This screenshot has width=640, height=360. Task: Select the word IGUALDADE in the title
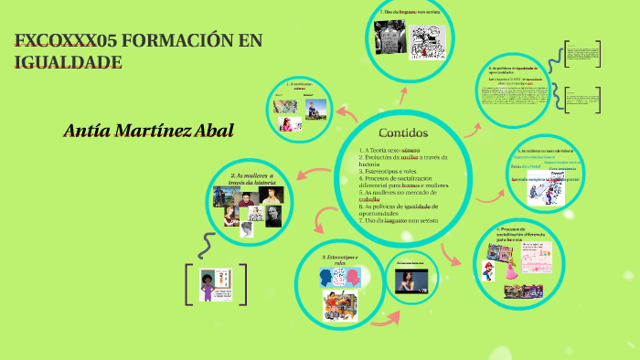point(68,62)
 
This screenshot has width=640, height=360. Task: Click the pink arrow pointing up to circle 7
point(404,93)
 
